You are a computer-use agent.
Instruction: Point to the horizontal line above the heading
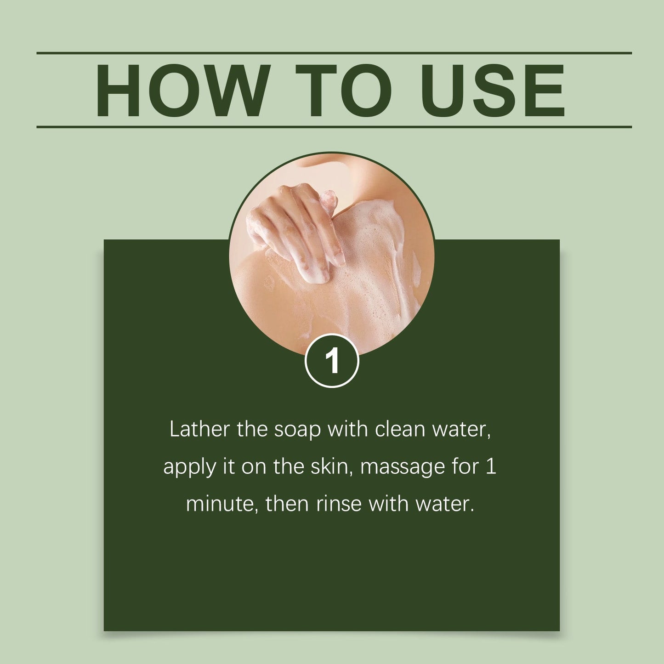click(x=334, y=53)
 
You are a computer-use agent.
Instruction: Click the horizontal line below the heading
click(x=334, y=127)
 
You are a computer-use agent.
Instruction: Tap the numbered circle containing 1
click(x=332, y=361)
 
